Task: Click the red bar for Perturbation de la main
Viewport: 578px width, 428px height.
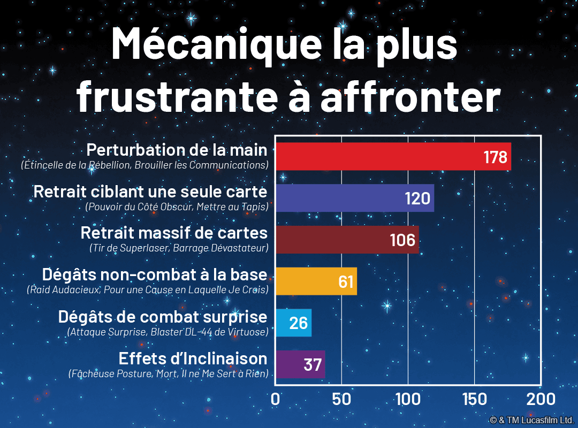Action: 375,157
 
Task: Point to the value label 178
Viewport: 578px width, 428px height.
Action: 495,157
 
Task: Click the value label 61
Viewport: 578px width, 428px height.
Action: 346,282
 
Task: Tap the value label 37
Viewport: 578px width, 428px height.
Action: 313,365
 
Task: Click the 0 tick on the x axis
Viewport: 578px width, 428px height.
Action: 276,399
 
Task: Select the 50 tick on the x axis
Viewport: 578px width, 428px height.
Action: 341,399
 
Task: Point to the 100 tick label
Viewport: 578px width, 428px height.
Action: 408,399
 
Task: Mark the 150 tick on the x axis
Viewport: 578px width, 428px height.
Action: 474,399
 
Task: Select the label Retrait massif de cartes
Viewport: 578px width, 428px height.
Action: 174,233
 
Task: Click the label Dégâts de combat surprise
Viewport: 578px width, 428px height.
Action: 163,317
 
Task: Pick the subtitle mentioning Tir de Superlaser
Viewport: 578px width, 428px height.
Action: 179,248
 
